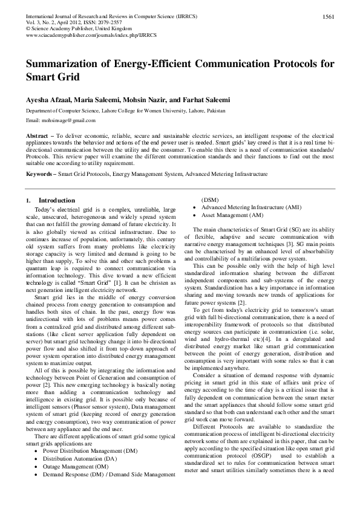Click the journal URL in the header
point(78,36)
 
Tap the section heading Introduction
point(57,200)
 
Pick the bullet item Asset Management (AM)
point(232,215)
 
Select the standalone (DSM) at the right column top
point(210,199)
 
